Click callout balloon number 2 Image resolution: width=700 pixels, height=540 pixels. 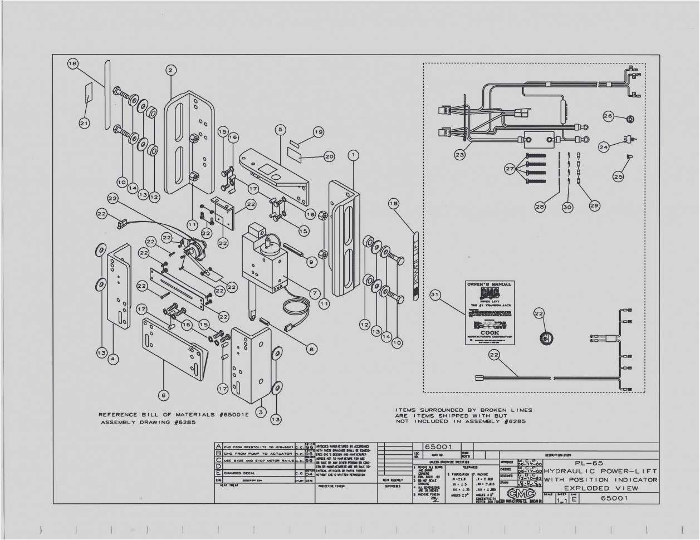point(171,70)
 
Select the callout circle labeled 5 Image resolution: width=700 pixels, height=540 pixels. point(281,129)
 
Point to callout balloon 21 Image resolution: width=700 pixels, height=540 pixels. point(84,123)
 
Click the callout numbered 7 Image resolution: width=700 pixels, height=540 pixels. point(315,292)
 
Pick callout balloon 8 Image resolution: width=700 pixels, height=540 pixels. point(311,349)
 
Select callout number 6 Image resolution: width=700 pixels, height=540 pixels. point(163,395)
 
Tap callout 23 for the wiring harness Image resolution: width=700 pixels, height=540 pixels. point(459,155)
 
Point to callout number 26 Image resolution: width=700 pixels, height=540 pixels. point(608,116)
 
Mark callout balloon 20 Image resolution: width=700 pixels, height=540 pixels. point(329,156)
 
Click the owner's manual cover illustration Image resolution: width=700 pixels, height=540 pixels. point(488,313)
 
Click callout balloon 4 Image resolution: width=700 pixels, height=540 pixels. point(112,359)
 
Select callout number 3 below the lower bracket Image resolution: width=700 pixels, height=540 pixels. point(260,412)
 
